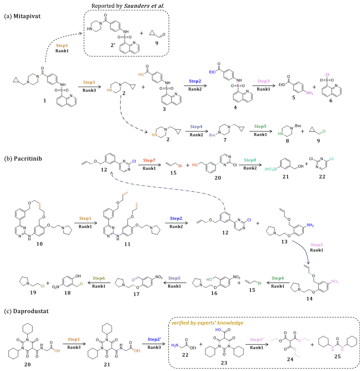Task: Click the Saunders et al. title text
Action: coord(142,6)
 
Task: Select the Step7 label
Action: coord(149,161)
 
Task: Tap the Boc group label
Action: coord(212,135)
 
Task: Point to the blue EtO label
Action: coord(212,72)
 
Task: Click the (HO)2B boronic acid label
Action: coord(271,169)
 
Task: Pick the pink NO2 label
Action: coord(335,282)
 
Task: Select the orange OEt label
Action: coord(137,351)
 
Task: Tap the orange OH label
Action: coord(57,351)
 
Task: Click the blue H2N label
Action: coord(174,346)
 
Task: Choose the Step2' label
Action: coord(154,340)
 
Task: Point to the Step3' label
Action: coord(257,340)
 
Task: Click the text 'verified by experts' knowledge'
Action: coord(207,323)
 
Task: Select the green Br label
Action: coord(260,284)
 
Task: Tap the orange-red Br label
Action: coord(180,166)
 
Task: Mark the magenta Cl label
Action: coord(327,75)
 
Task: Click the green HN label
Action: coord(281,134)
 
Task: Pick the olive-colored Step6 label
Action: coord(99,279)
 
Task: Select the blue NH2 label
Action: coord(310,225)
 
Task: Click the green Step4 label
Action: coord(278,279)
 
